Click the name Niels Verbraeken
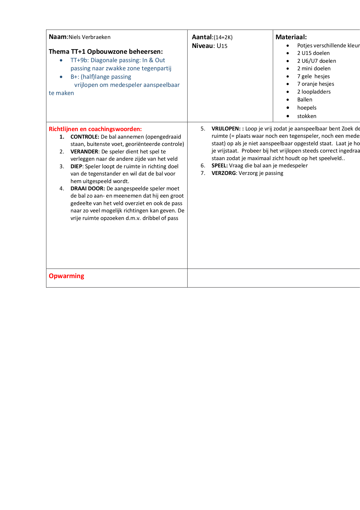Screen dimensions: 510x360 tap(89, 37)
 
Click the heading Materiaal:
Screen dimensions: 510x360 tap(291, 37)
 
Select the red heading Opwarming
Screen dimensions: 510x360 tap(66, 276)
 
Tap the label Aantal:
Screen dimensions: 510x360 tap(202, 37)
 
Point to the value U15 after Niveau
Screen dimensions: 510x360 tap(222, 46)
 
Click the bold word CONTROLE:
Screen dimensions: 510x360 tap(85, 137)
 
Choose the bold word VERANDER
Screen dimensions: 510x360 tap(84, 151)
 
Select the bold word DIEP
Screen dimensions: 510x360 tap(77, 166)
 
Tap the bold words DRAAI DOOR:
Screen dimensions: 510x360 tap(88, 188)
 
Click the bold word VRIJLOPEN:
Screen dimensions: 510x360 tap(226, 128)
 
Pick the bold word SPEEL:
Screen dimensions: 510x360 tap(219, 165)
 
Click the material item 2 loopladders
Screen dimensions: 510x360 tap(314, 92)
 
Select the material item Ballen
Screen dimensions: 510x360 tap(305, 99)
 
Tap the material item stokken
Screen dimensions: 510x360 tap(307, 116)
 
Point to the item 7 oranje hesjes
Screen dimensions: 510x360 tap(316, 84)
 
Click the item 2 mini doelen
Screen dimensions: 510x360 tap(314, 68)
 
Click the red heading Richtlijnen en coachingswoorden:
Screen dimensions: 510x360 tap(95, 129)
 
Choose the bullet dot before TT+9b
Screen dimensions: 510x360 tap(61, 60)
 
